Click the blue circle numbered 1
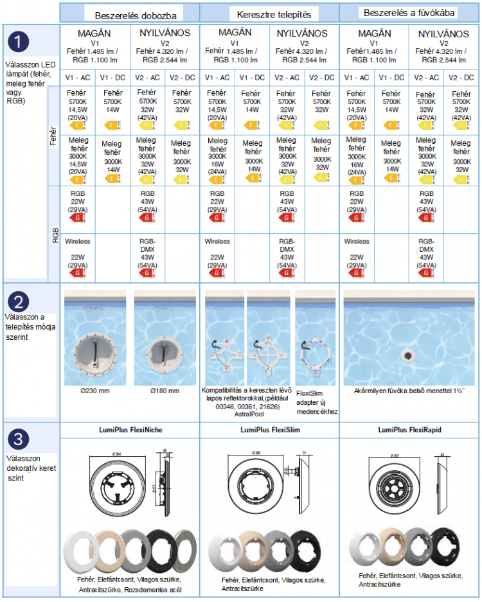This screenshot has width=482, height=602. [20, 43]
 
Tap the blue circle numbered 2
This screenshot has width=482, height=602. [20, 302]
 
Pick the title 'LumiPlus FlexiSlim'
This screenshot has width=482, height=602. [270, 429]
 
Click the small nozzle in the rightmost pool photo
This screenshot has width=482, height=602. [407, 355]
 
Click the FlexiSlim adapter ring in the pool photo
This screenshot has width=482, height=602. [316, 357]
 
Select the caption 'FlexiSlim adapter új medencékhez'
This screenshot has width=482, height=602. [316, 402]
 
